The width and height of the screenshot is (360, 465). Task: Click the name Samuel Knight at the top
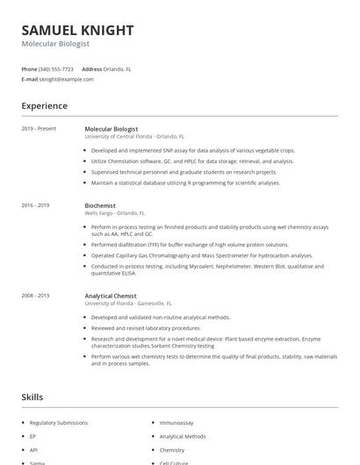pyautogui.click(x=77, y=30)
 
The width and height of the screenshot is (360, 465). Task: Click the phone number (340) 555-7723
pyautogui.click(x=56, y=68)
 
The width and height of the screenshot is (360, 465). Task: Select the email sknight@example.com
pyautogui.click(x=66, y=79)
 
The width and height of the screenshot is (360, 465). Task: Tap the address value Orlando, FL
pyautogui.click(x=118, y=68)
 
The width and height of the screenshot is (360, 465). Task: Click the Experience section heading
pyautogui.click(x=44, y=106)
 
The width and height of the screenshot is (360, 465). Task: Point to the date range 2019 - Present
pyautogui.click(x=39, y=129)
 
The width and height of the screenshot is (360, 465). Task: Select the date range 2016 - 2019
pyautogui.click(x=35, y=205)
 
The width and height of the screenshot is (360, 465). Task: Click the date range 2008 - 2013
pyautogui.click(x=35, y=296)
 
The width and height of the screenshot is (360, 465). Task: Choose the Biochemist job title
pyautogui.click(x=100, y=205)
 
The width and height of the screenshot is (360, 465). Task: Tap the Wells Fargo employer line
pyautogui.click(x=115, y=213)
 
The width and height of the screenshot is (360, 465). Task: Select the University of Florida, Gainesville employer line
pyautogui.click(x=132, y=304)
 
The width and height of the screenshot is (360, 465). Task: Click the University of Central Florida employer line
pyautogui.click(x=134, y=137)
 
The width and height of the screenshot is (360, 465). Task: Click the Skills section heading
pyautogui.click(x=32, y=397)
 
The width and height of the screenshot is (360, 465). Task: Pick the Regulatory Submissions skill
pyautogui.click(x=59, y=423)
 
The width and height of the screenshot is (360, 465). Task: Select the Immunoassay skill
pyautogui.click(x=177, y=423)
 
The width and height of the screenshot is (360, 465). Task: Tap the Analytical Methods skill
pyautogui.click(x=183, y=436)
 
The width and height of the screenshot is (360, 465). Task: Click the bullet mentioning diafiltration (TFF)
pyautogui.click(x=190, y=245)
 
